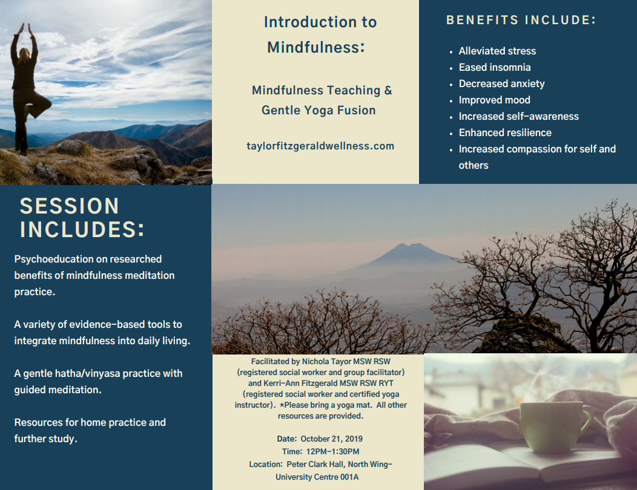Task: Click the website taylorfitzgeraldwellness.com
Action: [320, 146]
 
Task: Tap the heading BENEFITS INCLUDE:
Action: [521, 20]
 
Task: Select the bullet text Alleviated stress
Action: [497, 51]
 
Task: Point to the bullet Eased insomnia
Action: [495, 67]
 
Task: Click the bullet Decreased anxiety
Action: [502, 83]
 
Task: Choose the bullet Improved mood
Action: [495, 100]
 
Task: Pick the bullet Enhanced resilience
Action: [505, 132]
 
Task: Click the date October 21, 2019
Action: [331, 439]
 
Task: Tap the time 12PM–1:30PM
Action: [332, 451]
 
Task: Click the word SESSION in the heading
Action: [70, 206]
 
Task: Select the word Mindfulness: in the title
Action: [316, 48]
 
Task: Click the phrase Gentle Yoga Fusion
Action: [318, 111]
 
